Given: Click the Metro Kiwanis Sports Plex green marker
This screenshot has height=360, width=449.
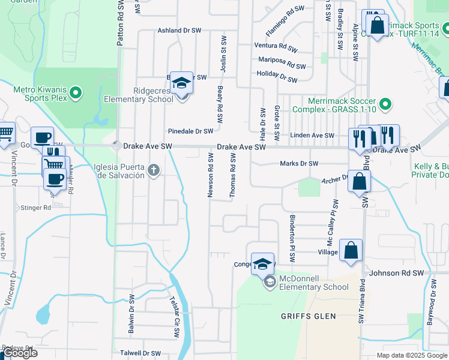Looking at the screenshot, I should pos(76,93).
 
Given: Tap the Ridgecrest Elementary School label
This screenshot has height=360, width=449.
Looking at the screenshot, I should pos(138,95).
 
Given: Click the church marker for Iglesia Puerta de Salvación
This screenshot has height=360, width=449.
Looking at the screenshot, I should pos(154,170).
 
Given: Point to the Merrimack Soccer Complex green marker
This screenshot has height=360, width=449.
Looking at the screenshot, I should pos(387,105).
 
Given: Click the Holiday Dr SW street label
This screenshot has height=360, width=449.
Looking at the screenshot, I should pos(277,76).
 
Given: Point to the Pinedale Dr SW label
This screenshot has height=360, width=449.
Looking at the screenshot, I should pos(190,131).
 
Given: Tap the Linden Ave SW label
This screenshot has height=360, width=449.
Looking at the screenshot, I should pos(312,136).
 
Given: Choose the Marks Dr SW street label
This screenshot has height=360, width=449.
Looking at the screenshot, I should pos(299,163).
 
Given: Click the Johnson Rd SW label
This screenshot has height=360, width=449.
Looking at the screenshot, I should pos(397,273).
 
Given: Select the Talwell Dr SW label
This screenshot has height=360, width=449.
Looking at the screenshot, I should pos(141,353).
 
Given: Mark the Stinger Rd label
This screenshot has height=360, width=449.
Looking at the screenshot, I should pos(37,208).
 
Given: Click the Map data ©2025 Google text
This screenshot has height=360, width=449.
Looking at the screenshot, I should pos(412,355).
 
